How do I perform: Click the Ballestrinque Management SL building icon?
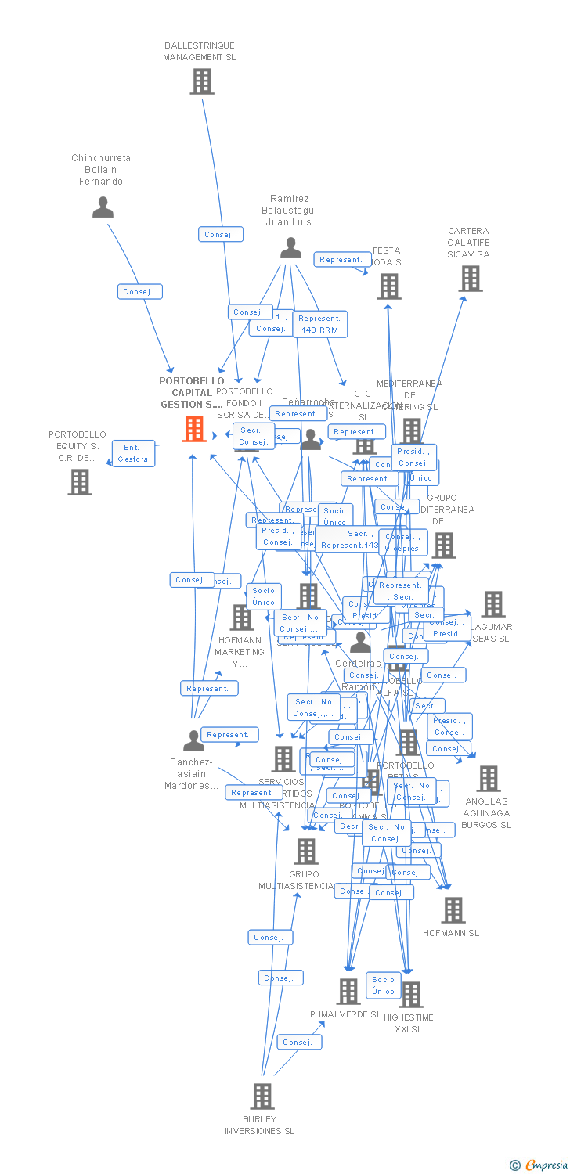[201, 81]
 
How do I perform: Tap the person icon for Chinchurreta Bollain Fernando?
[103, 207]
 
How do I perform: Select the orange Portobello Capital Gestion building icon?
[194, 429]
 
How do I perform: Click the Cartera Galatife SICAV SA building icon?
[470, 279]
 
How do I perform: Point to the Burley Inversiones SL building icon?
[262, 1096]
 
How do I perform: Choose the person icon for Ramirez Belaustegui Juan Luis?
[290, 248]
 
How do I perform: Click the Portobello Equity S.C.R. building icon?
[79, 482]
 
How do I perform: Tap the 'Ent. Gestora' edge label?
[133, 453]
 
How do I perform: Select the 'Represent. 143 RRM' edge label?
[319, 324]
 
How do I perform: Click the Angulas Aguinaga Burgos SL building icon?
[488, 779]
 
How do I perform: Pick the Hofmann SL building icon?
[453, 910]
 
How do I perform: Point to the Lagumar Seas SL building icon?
[492, 604]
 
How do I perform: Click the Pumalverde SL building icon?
[348, 992]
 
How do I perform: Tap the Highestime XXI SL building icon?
[410, 995]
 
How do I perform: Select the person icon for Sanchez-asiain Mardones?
[193, 740]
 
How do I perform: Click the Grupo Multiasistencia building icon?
[305, 852]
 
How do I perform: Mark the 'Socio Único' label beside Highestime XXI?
[384, 985]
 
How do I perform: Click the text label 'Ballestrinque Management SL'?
[199, 51]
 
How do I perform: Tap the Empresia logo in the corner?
[539, 1165]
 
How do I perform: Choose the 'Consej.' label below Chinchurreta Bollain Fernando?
[141, 292]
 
